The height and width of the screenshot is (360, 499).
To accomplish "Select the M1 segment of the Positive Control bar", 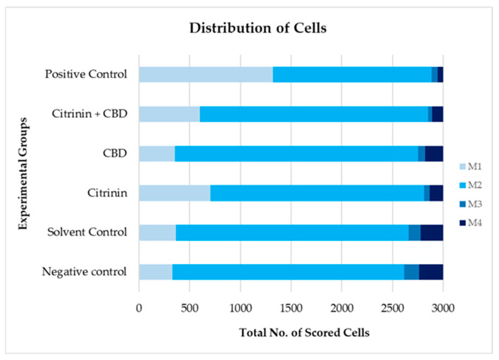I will (206, 75).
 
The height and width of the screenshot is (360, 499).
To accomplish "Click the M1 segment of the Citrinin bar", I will (175, 193).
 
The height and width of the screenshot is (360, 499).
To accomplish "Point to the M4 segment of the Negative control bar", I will (431, 272).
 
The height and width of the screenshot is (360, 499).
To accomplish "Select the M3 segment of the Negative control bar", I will (411, 272).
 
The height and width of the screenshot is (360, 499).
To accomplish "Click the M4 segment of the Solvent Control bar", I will (431, 232).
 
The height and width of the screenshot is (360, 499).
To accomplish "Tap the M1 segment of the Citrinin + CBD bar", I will (169, 114).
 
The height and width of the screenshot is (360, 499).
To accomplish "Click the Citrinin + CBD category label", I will (89, 114).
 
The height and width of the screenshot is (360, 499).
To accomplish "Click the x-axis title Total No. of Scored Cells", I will (290, 333).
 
